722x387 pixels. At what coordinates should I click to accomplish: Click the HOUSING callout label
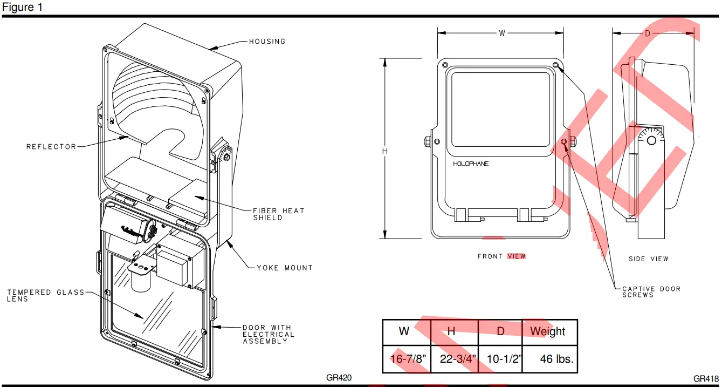tap(267, 42)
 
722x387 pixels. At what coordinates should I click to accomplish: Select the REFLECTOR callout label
tap(51, 147)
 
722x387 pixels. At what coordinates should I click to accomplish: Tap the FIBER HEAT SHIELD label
tap(279, 214)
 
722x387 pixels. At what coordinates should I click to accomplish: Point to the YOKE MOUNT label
tap(284, 268)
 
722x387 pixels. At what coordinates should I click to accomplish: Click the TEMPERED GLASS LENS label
tap(45, 295)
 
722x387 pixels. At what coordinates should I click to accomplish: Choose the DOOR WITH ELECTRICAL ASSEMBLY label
tap(269, 334)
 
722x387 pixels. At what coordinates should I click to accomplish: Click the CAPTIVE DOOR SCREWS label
tap(651, 292)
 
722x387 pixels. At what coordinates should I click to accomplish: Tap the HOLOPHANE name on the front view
tap(470, 164)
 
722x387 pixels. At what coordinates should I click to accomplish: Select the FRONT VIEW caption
tap(501, 256)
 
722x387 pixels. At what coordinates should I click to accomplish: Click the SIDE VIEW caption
tap(648, 259)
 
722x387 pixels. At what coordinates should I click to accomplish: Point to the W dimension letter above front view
tap(501, 33)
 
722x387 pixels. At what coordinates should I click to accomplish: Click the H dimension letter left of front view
tap(385, 152)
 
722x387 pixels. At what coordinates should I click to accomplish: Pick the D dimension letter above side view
tap(648, 33)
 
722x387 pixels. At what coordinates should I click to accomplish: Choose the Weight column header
tap(548, 331)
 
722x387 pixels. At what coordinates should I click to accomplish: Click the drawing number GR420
tap(339, 378)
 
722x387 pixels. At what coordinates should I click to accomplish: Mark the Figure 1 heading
tap(22, 8)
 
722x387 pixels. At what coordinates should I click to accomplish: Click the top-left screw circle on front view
tap(445, 65)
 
